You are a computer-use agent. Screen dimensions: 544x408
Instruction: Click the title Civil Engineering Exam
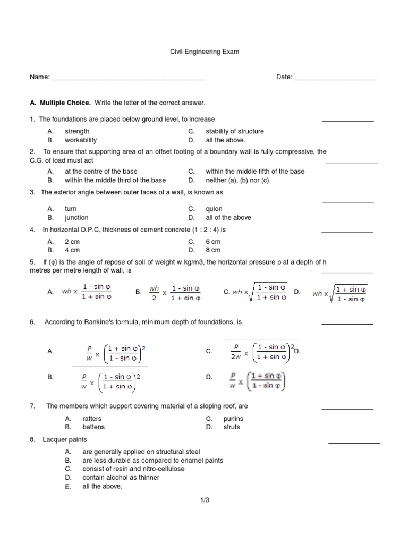(204, 52)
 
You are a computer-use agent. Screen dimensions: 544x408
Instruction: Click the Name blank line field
(127, 78)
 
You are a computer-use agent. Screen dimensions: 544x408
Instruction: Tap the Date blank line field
(335, 78)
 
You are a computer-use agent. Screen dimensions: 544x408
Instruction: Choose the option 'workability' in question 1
(80, 140)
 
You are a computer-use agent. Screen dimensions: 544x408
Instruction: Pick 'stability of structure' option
(234, 131)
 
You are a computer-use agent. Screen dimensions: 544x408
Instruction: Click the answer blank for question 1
(348, 121)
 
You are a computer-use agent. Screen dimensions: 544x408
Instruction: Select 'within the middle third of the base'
(115, 180)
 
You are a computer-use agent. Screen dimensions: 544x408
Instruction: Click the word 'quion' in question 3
(214, 209)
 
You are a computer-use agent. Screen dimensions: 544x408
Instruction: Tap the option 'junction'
(76, 217)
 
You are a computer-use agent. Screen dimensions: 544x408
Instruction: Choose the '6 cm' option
(213, 241)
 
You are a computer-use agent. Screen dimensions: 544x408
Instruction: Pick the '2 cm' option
(72, 241)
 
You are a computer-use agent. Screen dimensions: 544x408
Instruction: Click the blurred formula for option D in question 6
(258, 380)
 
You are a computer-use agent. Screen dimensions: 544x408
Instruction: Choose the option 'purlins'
(217, 419)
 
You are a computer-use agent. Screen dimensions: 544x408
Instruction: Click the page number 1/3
(204, 500)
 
